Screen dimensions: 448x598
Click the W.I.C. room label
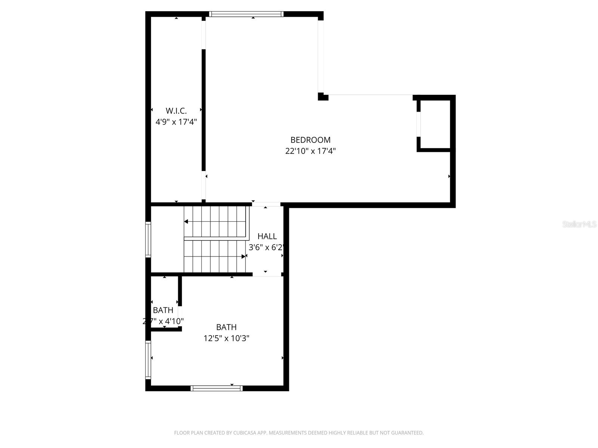[176, 111]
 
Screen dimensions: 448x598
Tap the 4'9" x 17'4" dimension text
[176, 122]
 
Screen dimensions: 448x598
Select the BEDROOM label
[310, 140]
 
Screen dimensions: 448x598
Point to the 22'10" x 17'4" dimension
[310, 151]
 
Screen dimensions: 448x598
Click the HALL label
[267, 236]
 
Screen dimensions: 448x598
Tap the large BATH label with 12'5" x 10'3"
[226, 327]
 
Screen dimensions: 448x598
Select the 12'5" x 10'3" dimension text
[226, 339]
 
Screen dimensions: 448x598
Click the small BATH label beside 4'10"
[163, 310]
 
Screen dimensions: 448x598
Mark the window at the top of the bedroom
[246, 14]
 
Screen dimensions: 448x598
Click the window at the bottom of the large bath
[216, 388]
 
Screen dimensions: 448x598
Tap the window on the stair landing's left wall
[148, 239]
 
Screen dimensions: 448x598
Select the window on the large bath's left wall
[148, 360]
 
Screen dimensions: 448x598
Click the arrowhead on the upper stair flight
[186, 222]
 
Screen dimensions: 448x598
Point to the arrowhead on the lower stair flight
[244, 256]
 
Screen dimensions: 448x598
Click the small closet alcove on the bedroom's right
[435, 124]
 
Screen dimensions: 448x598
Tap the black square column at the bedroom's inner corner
[323, 97]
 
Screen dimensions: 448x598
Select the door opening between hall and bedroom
[266, 204]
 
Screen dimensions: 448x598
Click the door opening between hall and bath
[266, 274]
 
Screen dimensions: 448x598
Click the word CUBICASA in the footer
[244, 433]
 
